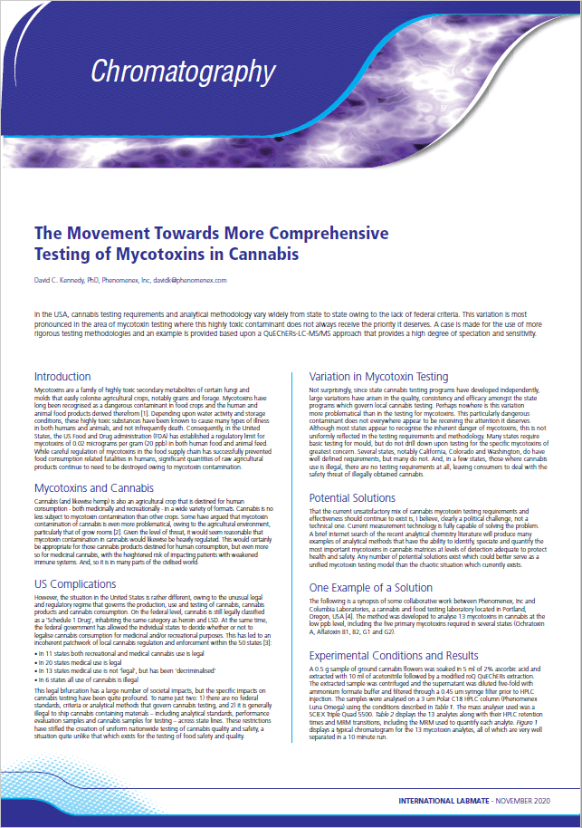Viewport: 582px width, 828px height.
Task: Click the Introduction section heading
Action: coord(62,376)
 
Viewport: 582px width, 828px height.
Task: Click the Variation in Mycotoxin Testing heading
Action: coord(378,376)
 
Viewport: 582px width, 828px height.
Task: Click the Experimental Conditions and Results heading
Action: coord(394,654)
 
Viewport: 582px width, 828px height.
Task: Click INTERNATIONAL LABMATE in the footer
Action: coord(442,802)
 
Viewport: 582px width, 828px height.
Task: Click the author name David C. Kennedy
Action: coord(63,281)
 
